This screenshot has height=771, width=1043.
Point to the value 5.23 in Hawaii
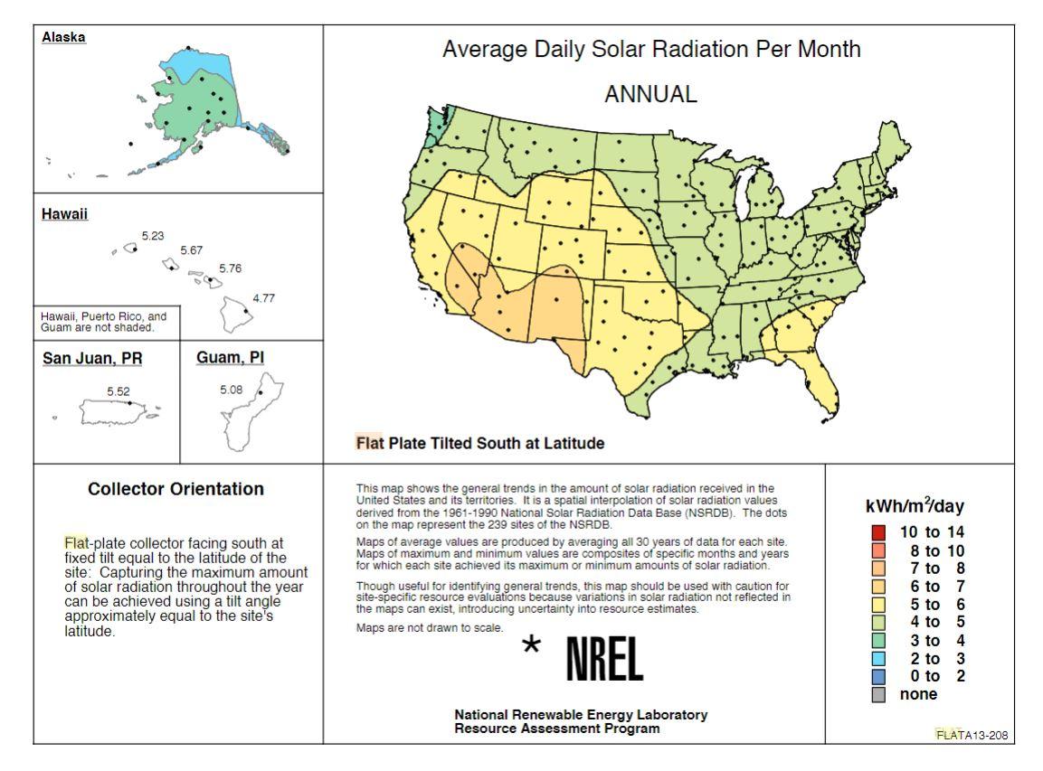click(x=153, y=236)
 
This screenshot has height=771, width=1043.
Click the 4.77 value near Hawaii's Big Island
click(x=263, y=298)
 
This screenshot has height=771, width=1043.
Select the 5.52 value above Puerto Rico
click(x=119, y=391)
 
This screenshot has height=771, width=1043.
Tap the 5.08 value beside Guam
click(x=232, y=390)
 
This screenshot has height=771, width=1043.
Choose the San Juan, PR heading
click(x=92, y=359)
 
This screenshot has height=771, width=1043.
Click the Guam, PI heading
click(x=230, y=358)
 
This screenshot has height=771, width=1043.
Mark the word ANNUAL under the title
click(x=650, y=94)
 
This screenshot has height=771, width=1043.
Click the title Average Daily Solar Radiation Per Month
click(x=651, y=50)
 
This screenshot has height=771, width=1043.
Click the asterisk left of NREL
click(x=533, y=647)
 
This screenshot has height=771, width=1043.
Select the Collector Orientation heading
click(x=175, y=489)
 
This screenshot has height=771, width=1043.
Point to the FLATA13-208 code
click(x=971, y=735)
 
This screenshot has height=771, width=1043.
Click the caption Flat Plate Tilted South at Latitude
click(x=479, y=444)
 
